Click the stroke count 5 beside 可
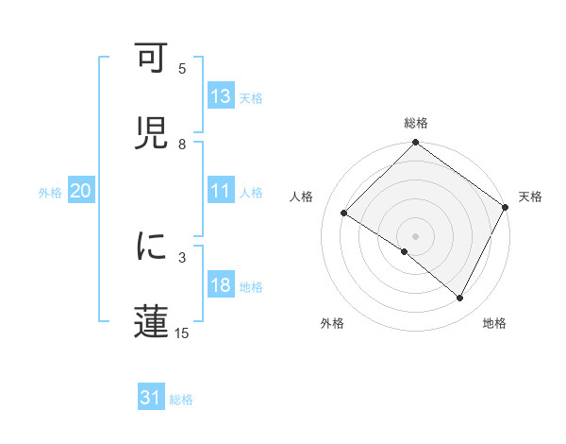pos(183,69)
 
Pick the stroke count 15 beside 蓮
pos(182,333)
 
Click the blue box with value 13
pos(221,96)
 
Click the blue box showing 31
pos(151,399)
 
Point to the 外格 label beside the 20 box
pos(51,193)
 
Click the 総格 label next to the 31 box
pos(181,400)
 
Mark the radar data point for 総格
pos(415,144)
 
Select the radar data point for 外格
pos(405,252)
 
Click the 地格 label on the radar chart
pos(494,324)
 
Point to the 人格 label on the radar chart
pos(302,196)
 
